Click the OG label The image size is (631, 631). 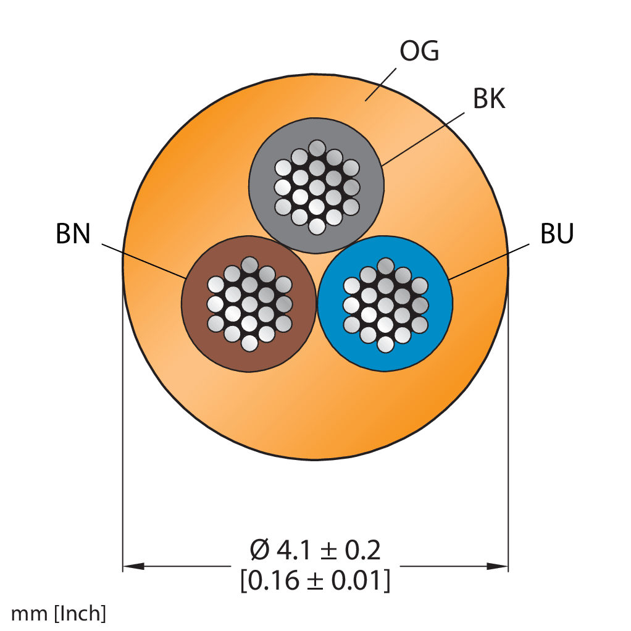point(419,51)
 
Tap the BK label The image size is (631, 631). point(488,99)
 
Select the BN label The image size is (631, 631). point(73,233)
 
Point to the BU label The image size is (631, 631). point(556,233)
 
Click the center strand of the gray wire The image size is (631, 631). point(317,187)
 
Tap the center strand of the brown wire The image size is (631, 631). point(249,304)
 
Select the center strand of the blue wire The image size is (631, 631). point(385,305)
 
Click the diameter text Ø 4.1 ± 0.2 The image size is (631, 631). point(315,550)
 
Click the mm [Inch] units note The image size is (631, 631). point(59,614)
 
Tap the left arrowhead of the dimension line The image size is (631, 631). point(133,566)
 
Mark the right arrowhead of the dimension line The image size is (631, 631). point(498,566)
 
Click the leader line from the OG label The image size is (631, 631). point(380,85)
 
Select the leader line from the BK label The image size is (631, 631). point(422,140)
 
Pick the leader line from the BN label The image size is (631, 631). point(144,261)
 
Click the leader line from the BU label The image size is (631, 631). point(488,262)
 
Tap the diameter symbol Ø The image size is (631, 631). point(259,550)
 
